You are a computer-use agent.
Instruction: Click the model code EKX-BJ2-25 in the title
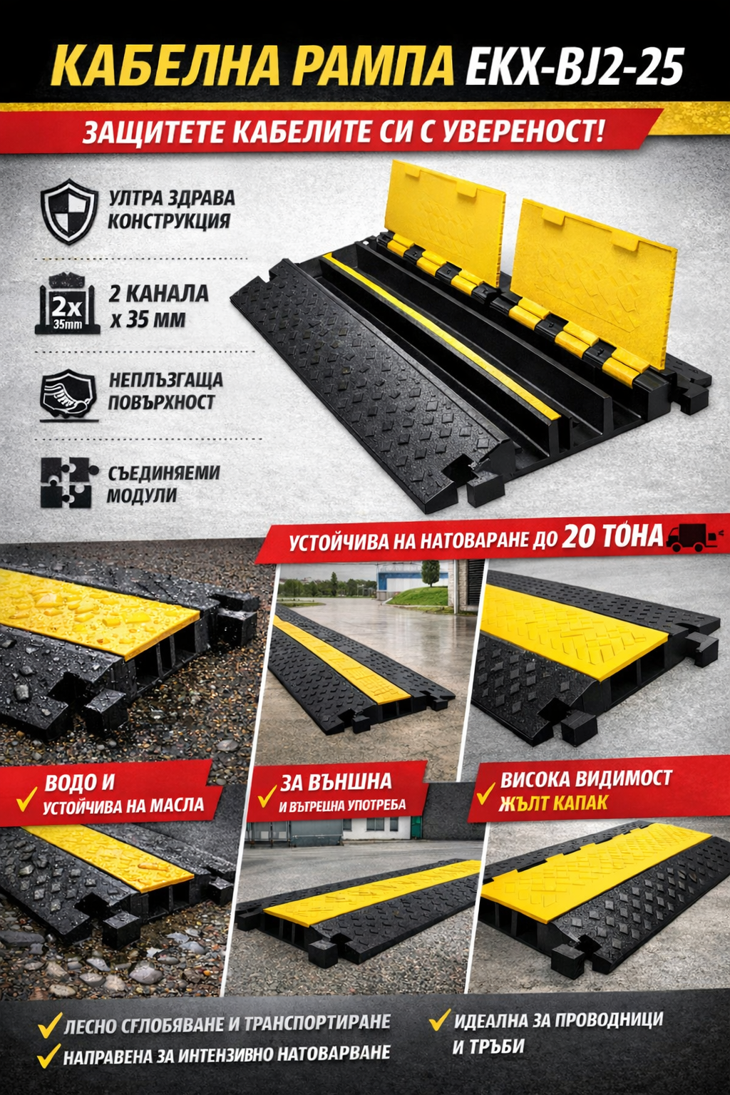pyautogui.click(x=574, y=66)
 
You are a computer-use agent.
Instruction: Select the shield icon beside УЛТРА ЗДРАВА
pyautogui.click(x=69, y=211)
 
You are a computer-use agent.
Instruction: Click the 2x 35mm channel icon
pyautogui.click(x=68, y=304)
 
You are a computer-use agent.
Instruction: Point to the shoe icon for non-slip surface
pyautogui.click(x=69, y=395)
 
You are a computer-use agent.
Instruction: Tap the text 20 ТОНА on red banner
pyautogui.click(x=612, y=536)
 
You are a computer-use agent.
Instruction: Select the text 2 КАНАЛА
pyautogui.click(x=159, y=294)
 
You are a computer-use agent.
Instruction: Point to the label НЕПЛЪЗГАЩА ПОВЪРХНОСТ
pyautogui.click(x=165, y=391)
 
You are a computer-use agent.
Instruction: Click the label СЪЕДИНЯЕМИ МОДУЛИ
pyautogui.click(x=163, y=484)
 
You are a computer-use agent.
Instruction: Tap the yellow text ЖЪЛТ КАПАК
pyautogui.click(x=553, y=803)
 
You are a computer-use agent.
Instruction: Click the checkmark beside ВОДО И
pyautogui.click(x=27, y=798)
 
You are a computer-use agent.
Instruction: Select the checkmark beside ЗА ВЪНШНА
pyautogui.click(x=267, y=796)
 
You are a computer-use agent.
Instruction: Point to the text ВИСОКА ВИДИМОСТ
pyautogui.click(x=586, y=779)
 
